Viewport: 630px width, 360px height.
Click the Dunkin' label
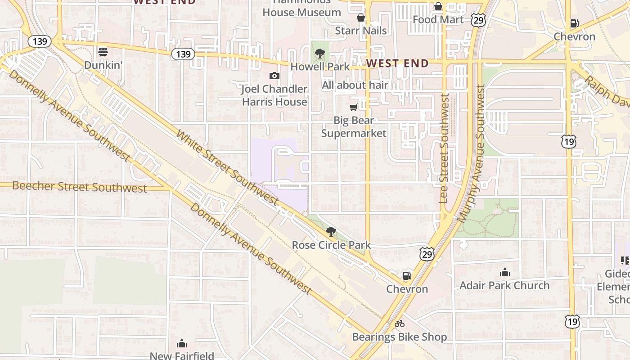click(x=103, y=65)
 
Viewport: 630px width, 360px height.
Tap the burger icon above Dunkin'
click(x=103, y=52)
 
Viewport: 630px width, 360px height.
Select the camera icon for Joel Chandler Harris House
click(x=274, y=76)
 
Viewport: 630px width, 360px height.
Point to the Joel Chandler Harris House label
click(x=274, y=95)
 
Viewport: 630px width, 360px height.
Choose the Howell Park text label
click(x=320, y=67)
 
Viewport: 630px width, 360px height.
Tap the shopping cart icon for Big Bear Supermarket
click(x=354, y=107)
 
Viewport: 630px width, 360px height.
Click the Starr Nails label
click(x=361, y=31)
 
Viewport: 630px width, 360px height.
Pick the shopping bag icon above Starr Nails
click(x=360, y=18)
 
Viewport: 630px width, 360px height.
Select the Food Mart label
click(x=438, y=19)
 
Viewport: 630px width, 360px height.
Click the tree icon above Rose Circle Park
click(x=331, y=232)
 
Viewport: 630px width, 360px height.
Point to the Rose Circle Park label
click(x=331, y=245)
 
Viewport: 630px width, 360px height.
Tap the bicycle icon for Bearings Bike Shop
click(x=399, y=324)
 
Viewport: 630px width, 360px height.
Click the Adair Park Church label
click(x=504, y=285)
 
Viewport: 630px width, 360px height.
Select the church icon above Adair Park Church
click(x=504, y=272)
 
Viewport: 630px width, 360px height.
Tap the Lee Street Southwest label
click(x=445, y=148)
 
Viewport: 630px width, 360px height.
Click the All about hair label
click(x=355, y=85)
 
